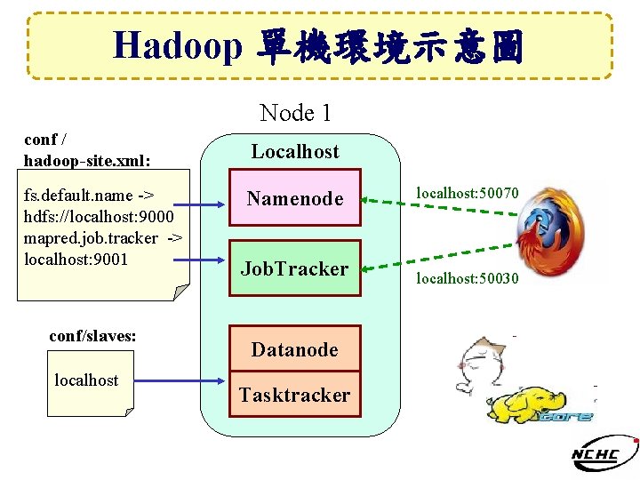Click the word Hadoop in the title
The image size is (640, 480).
coord(178,46)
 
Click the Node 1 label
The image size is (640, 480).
coord(295,113)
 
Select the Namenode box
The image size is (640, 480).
coord(295,199)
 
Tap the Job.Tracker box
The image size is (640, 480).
coord(295,268)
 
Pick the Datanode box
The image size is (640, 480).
coord(295,349)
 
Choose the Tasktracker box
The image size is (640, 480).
coord(295,395)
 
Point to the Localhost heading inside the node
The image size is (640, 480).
coord(295,151)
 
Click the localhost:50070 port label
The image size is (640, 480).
coord(468,191)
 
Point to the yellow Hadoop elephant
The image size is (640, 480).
coord(530,404)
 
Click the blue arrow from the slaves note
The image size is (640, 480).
coord(178,381)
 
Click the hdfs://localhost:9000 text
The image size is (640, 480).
coord(100,217)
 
